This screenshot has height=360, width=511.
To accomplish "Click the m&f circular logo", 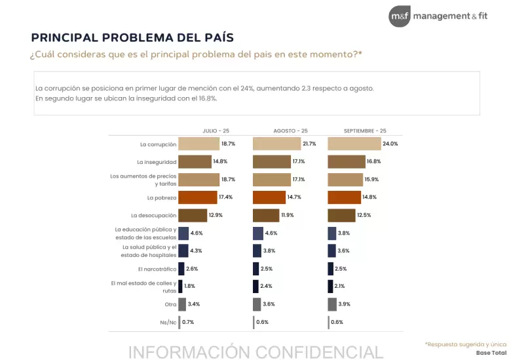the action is tap(400, 16).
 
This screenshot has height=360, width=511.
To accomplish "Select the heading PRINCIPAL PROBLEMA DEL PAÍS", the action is tap(132, 37).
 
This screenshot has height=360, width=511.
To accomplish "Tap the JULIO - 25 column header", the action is tap(216, 130).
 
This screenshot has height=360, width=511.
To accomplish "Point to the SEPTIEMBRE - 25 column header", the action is tap(365, 130).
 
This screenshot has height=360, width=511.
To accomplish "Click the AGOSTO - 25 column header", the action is tap(290, 130).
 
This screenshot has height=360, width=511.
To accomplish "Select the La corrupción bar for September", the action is tap(354, 144).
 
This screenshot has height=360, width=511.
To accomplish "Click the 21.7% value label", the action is tap(309, 144).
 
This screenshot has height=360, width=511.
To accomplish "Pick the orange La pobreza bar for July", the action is tap(197, 197).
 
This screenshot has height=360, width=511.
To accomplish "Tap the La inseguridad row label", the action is tap(157, 162).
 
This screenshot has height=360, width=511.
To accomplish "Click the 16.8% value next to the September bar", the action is tap(374, 161).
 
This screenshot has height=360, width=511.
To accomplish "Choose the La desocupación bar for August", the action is tap(266, 215).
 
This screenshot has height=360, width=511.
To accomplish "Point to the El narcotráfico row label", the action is tap(157, 270).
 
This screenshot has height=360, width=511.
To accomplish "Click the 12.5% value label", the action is tap(364, 215).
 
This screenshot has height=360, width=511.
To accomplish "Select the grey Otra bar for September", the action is tap(332, 304).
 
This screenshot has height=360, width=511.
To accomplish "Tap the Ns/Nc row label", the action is tap(168, 323).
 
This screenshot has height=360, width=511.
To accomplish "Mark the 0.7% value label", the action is tap(188, 322).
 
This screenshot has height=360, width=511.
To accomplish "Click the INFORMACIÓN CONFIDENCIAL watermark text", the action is tap(255, 352).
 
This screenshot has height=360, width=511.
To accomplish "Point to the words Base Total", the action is tap(491, 353).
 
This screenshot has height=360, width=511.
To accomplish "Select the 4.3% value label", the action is tap(196, 250).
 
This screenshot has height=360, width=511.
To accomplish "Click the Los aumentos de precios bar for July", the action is tap(199, 180).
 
